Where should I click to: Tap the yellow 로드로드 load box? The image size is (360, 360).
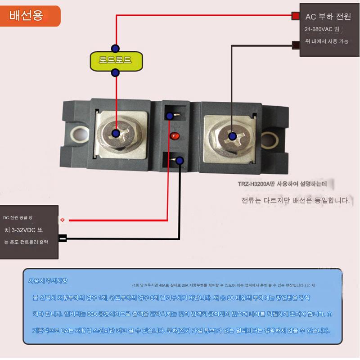[116, 60]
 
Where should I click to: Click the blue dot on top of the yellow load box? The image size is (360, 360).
[116, 48]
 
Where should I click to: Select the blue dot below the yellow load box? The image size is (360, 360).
[116, 72]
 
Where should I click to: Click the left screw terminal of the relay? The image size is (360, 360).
[116, 133]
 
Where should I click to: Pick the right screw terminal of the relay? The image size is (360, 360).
[233, 135]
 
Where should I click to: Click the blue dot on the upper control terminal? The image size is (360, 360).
[170, 116]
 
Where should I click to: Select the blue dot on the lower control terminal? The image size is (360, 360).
[180, 160]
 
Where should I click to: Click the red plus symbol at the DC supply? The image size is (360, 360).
[62, 220]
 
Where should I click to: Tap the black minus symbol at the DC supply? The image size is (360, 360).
[63, 238]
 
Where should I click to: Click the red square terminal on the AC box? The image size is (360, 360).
[295, 16]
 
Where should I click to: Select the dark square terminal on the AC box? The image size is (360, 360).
[296, 45]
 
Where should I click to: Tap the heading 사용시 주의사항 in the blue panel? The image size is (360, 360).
[48, 281]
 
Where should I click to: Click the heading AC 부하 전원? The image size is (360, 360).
[328, 17]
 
